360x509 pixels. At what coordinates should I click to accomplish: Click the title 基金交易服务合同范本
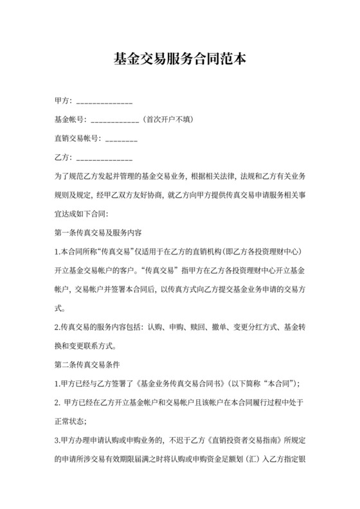tap(179, 60)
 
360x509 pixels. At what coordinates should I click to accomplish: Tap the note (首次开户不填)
tap(168, 120)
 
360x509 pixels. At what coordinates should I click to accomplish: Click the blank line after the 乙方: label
tap(104, 157)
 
